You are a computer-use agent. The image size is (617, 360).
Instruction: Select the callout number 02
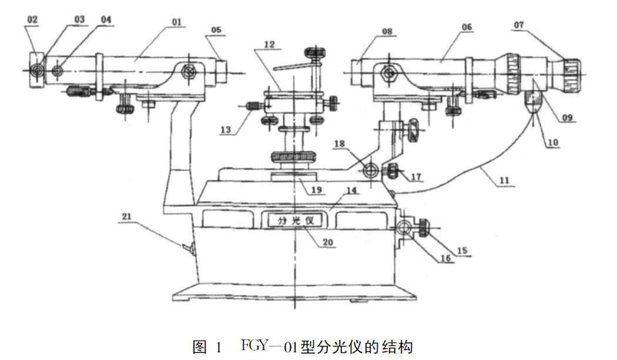[x=32, y=20]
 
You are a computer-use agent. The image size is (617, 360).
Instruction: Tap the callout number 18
[x=340, y=144]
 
